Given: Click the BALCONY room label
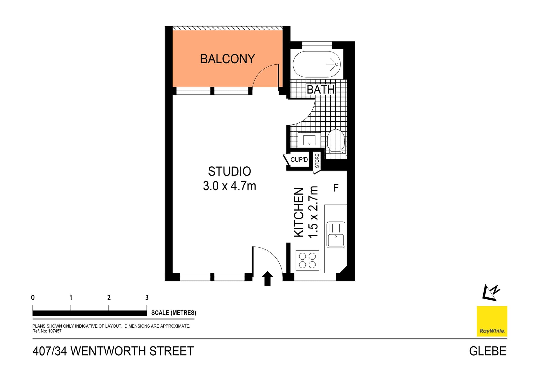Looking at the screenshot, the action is point(228,59).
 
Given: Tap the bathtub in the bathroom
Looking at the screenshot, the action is point(317,64).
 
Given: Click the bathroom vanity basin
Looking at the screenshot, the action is point(309,140).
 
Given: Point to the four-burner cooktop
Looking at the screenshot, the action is point(307,260).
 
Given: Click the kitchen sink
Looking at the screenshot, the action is point(336,235).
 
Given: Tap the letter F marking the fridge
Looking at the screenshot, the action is point(336,188).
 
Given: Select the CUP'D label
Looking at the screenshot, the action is point(299,160).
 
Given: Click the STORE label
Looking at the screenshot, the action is point(317,161).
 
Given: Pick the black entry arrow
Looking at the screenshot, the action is point(267,278).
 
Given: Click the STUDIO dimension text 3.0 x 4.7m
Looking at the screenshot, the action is point(229,186).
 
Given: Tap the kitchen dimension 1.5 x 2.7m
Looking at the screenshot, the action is point(313,212).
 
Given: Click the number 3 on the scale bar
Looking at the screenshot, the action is point(147,297).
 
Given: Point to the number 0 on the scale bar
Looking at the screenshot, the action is point(33,297).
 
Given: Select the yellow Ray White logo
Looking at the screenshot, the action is point(492,321).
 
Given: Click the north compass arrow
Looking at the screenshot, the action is point(491,293).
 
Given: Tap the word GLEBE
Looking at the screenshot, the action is point(488,351).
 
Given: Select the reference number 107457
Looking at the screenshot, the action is point(55,331).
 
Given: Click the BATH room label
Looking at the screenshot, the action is point(321,90).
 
